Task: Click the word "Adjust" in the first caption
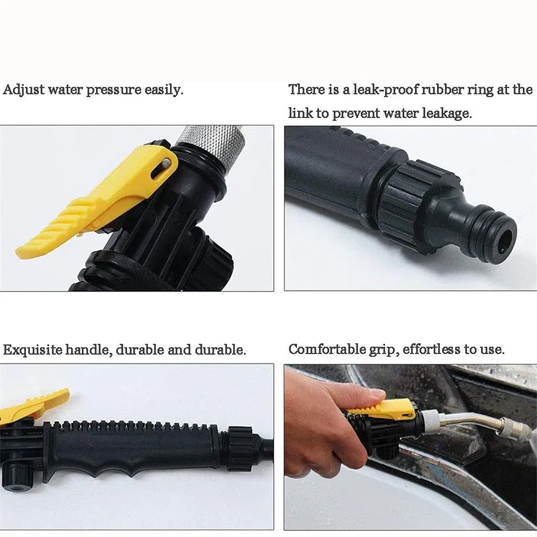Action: (x=24, y=90)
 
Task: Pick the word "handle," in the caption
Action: (x=89, y=350)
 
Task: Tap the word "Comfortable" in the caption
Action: (x=326, y=349)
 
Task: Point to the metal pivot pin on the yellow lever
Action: (x=166, y=163)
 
